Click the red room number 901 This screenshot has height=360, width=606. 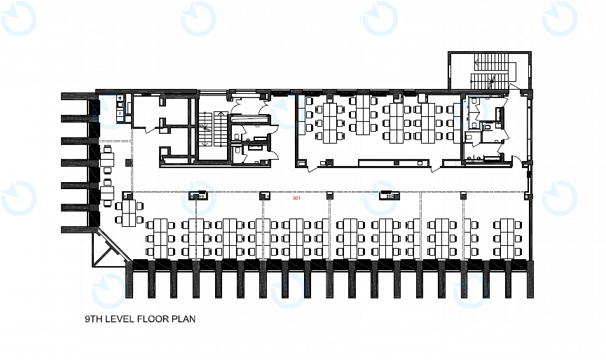coord(296,198)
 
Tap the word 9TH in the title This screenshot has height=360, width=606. coord(92,319)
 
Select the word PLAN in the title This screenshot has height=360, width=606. coord(182,319)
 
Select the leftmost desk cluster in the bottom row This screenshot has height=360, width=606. coord(160,238)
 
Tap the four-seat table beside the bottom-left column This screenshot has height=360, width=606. coord(129,213)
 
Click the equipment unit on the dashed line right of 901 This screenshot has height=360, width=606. coord(388,195)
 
